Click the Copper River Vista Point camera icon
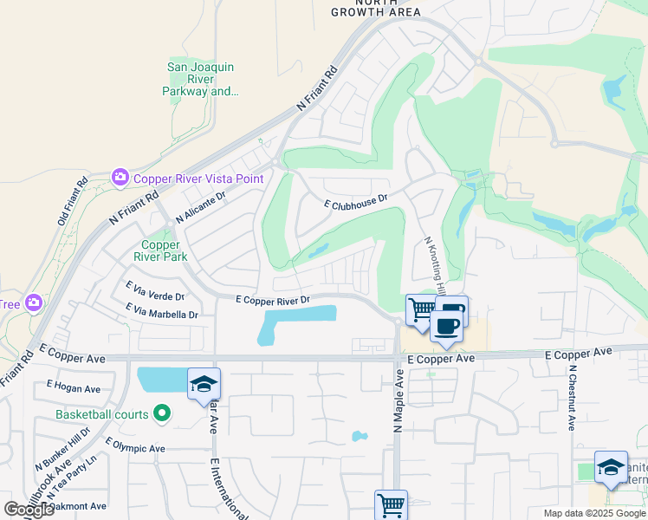(x=120, y=178)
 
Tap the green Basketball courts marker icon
(x=160, y=414)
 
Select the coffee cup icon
(x=447, y=325)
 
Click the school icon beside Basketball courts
(x=204, y=384)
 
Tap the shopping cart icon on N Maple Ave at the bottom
(x=391, y=504)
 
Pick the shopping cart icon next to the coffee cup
(x=421, y=309)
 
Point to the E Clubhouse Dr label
(x=354, y=201)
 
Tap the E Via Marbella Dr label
(x=161, y=310)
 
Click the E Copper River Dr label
(x=273, y=300)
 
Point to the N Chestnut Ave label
(x=572, y=398)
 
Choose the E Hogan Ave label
(x=74, y=387)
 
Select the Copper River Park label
(x=165, y=250)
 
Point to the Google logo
(x=29, y=510)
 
